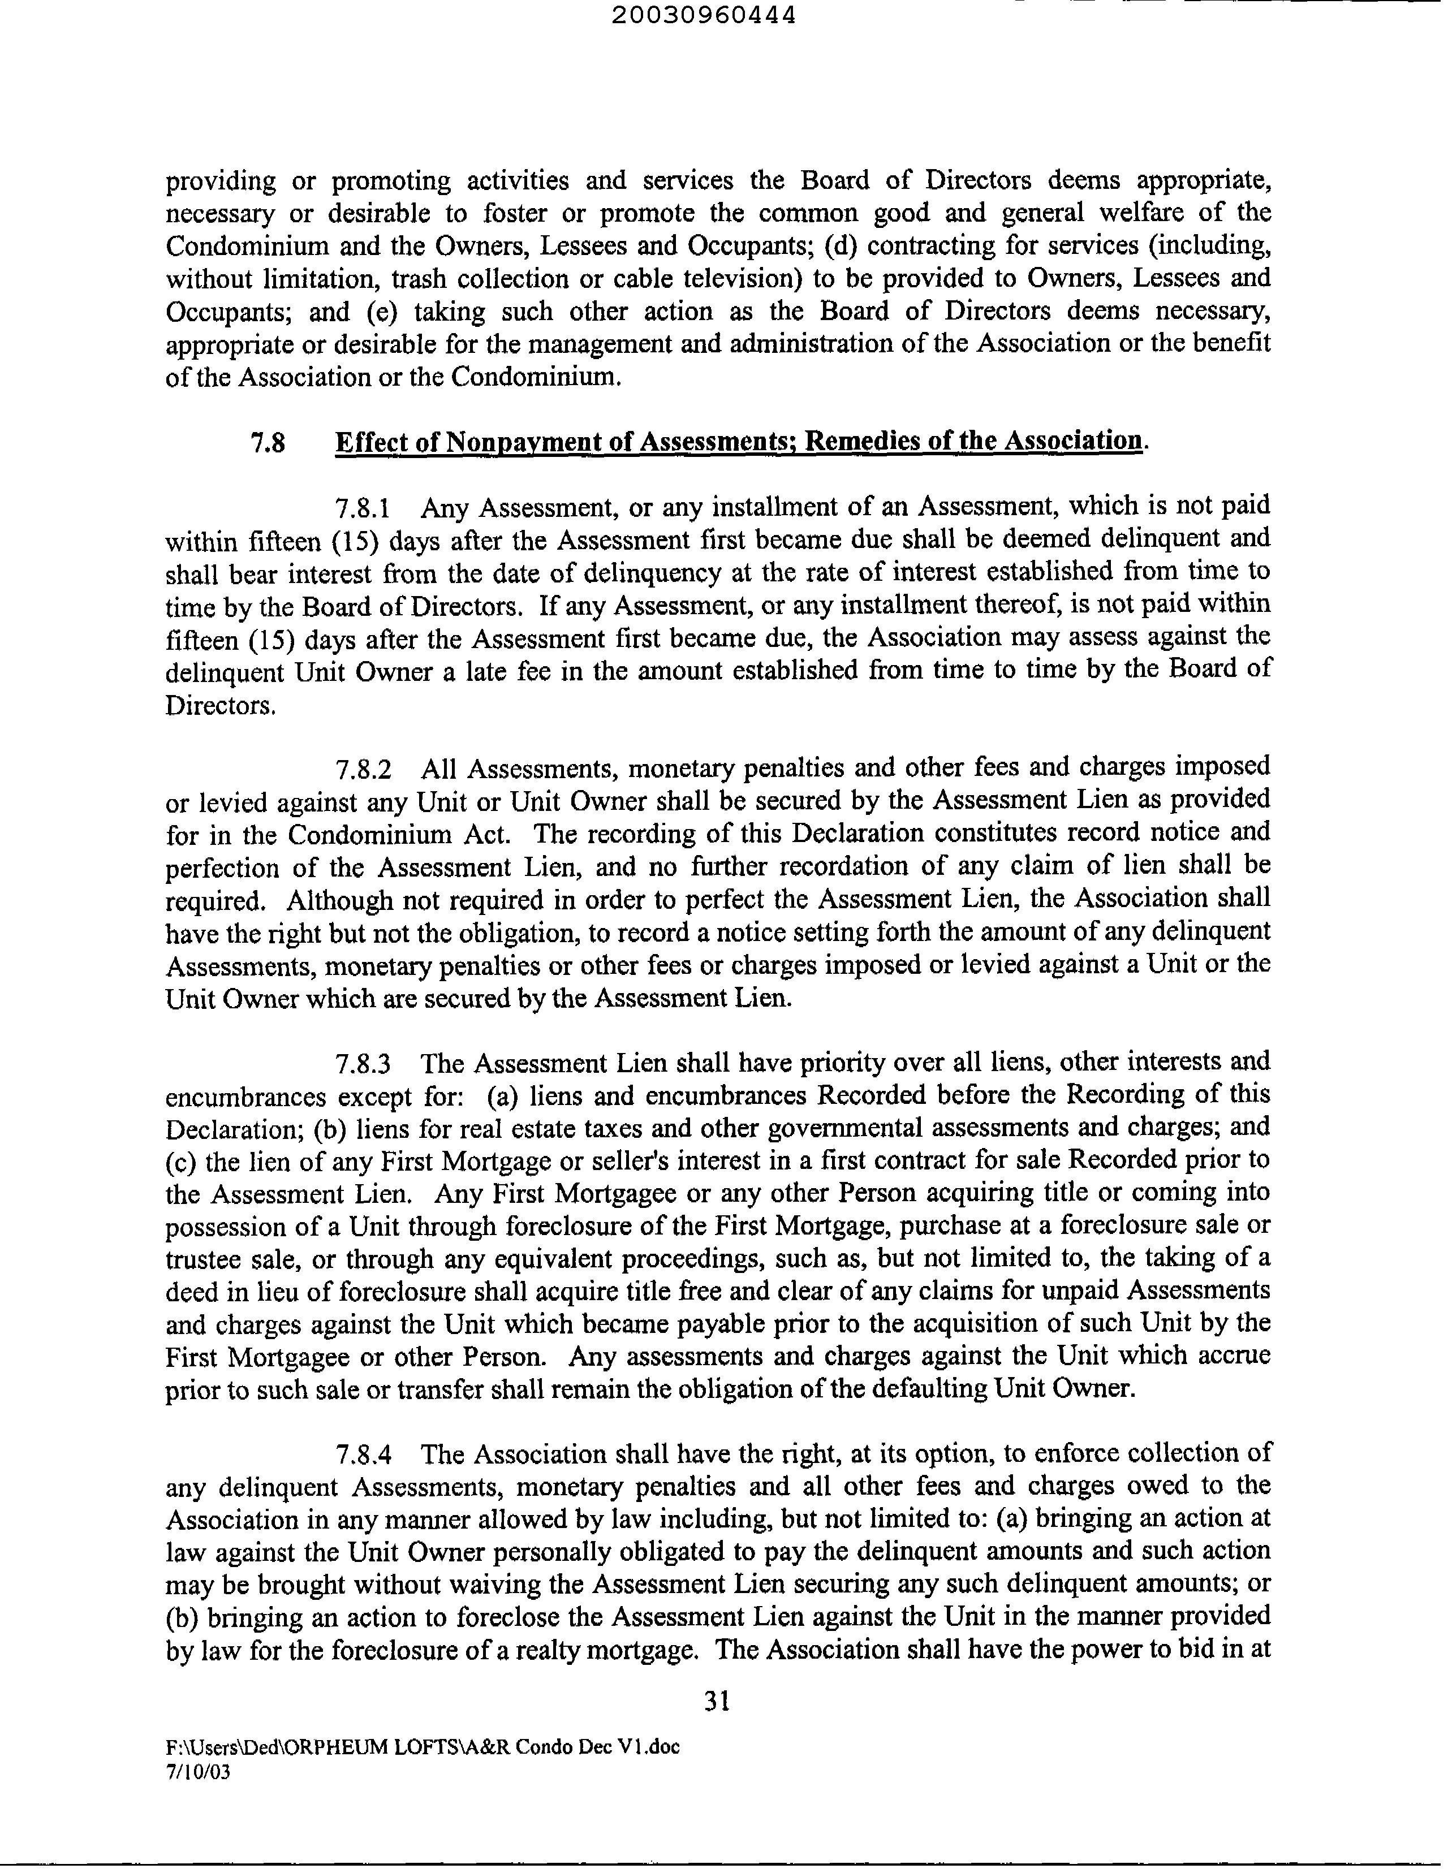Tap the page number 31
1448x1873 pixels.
click(716, 1701)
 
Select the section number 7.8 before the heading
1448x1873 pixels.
click(268, 443)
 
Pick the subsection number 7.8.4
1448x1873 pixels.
click(363, 1455)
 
